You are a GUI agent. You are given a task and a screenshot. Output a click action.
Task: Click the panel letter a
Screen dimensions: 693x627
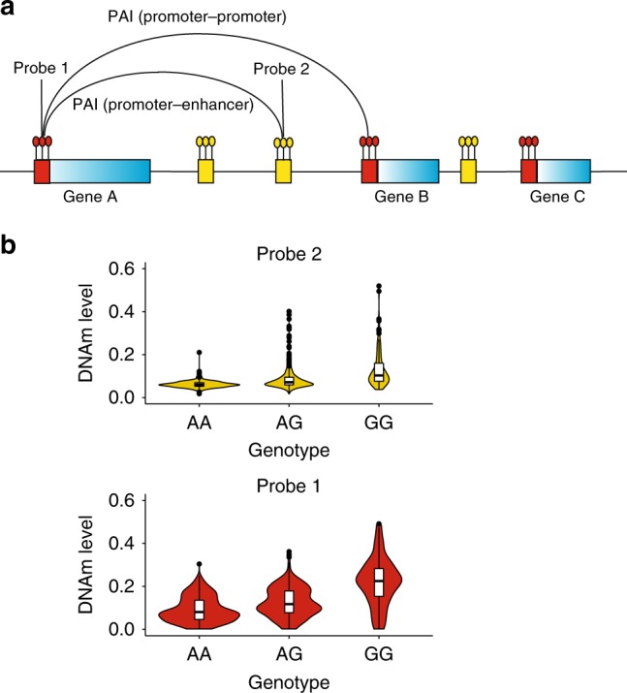pos(11,13)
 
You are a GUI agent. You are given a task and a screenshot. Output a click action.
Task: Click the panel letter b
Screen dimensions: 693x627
pos(11,246)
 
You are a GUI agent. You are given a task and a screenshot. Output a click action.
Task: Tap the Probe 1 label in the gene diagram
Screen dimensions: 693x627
pos(42,69)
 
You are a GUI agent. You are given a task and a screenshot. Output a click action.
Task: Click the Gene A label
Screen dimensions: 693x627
pos(90,196)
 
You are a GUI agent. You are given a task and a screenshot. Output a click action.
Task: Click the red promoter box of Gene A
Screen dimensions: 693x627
pos(42,172)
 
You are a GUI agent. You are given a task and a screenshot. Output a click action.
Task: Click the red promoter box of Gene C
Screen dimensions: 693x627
pos(529,172)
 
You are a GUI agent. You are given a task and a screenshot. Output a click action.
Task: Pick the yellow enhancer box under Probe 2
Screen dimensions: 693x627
pos(283,172)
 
